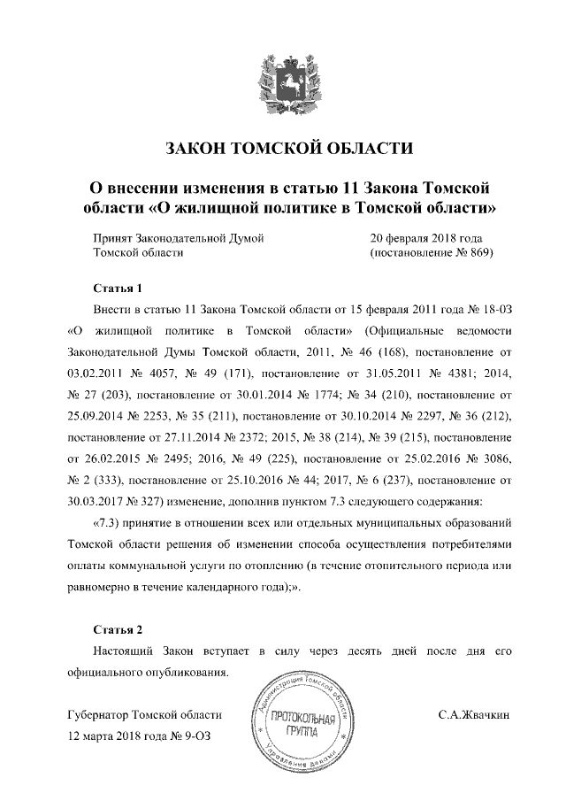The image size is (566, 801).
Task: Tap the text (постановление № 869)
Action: (430, 252)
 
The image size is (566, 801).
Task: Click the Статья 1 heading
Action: (118, 289)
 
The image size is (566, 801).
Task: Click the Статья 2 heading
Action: (118, 629)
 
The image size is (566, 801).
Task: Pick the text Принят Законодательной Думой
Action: (179, 237)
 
